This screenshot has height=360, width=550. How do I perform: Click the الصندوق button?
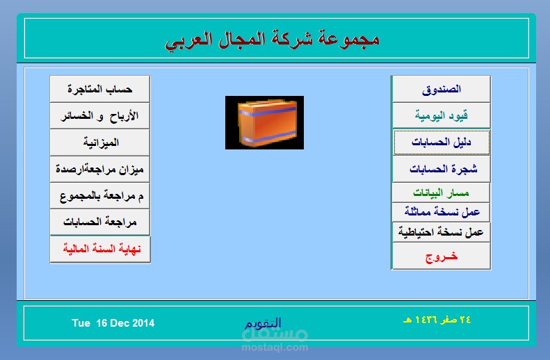point(441,89)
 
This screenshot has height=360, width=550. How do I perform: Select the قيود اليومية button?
point(441,115)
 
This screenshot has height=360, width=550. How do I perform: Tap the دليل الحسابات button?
point(441,142)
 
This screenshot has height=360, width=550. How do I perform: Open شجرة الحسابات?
point(441,169)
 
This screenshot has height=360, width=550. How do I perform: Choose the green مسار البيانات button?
point(441,193)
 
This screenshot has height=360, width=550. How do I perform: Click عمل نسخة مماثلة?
point(441,212)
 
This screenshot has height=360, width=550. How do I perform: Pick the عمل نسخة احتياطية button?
point(441,231)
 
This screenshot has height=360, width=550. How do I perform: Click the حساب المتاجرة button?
point(100,89)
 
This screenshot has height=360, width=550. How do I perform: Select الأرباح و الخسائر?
point(100,115)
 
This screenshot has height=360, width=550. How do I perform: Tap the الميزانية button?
point(100,142)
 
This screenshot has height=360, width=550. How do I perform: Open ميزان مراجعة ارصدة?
point(100,169)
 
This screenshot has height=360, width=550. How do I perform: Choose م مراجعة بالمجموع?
point(100,195)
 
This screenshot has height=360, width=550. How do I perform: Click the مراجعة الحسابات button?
point(100,222)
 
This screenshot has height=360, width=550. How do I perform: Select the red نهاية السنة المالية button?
point(100,249)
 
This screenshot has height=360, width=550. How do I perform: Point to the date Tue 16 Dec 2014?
point(113,323)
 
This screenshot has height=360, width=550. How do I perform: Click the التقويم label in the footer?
point(263,323)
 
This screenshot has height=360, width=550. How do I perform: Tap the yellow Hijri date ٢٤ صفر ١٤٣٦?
point(437,320)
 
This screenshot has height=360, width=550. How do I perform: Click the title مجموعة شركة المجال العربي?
point(272,39)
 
